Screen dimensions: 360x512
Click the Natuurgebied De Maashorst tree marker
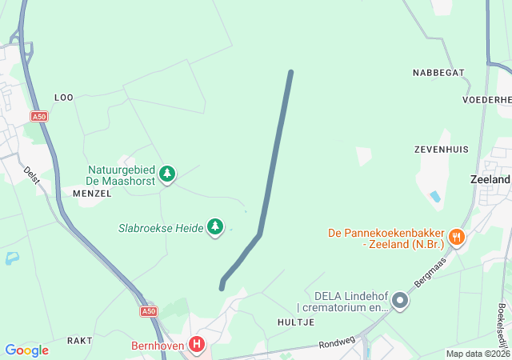(166, 173)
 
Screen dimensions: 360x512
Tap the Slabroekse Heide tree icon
(214, 227)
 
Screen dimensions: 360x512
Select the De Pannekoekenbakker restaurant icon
(456, 236)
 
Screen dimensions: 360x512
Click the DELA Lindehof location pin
(400, 302)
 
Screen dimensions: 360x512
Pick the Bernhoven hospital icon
(197, 346)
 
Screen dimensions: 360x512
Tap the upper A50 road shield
(39, 117)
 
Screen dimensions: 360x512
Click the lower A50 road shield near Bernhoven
(149, 311)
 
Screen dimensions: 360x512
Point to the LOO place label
(63, 98)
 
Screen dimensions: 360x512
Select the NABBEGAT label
(438, 73)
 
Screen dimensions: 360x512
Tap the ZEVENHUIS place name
(442, 150)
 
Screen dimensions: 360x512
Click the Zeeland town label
(491, 180)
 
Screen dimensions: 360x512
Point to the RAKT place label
(80, 341)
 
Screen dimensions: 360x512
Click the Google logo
(26, 350)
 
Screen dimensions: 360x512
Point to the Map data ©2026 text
(477, 354)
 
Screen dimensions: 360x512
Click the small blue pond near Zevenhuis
(435, 195)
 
